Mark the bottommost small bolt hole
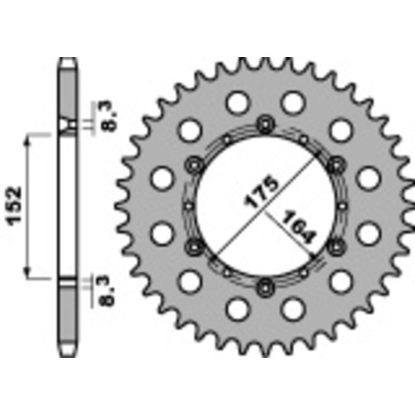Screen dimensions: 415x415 pyautogui.click(x=265, y=287)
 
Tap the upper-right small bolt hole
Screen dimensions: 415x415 pyautogui.click(x=337, y=163)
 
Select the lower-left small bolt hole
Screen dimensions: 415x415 pyautogui.click(x=193, y=246)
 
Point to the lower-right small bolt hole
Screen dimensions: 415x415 pyautogui.click(x=337, y=246)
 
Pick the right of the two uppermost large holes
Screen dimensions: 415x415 pyautogui.click(x=293, y=101)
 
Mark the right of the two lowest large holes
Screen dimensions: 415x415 pyautogui.click(x=293, y=309)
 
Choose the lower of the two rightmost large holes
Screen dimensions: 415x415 pyautogui.click(x=368, y=233)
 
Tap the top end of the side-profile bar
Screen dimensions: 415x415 pyautogui.click(x=66, y=63)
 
